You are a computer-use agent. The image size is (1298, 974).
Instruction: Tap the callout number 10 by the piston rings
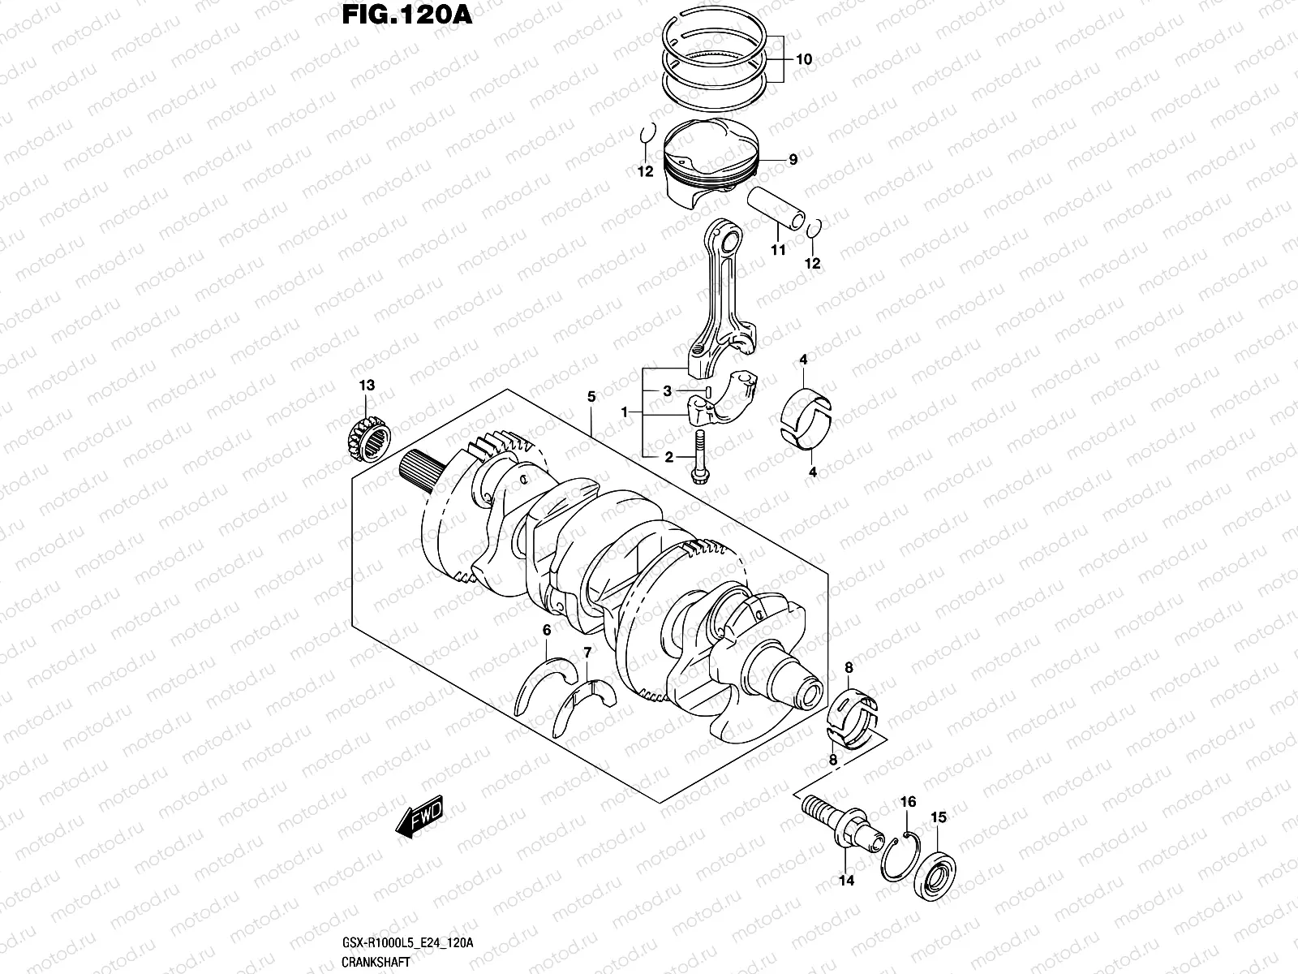(x=803, y=59)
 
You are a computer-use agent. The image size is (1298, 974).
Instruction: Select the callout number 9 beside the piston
(x=793, y=160)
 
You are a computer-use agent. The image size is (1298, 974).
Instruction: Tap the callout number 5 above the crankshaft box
(x=591, y=397)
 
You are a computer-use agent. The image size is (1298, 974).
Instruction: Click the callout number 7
(x=587, y=653)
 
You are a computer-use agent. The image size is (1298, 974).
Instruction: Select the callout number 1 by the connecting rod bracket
(x=625, y=412)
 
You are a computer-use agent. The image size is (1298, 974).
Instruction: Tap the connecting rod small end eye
(x=725, y=240)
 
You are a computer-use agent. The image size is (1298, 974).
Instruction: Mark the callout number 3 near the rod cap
(x=667, y=391)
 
